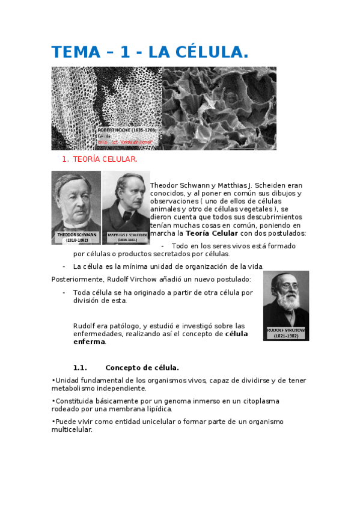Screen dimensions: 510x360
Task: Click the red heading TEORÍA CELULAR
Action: click(105, 159)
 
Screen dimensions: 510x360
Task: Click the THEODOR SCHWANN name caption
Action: click(76, 235)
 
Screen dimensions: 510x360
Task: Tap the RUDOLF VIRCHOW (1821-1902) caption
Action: click(286, 333)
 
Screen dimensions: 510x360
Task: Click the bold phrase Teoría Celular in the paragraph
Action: click(212, 233)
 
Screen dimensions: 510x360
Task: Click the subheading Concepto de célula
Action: click(142, 367)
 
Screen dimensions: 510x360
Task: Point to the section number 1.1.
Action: click(80, 367)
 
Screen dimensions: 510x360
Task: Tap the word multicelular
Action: click(72, 429)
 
